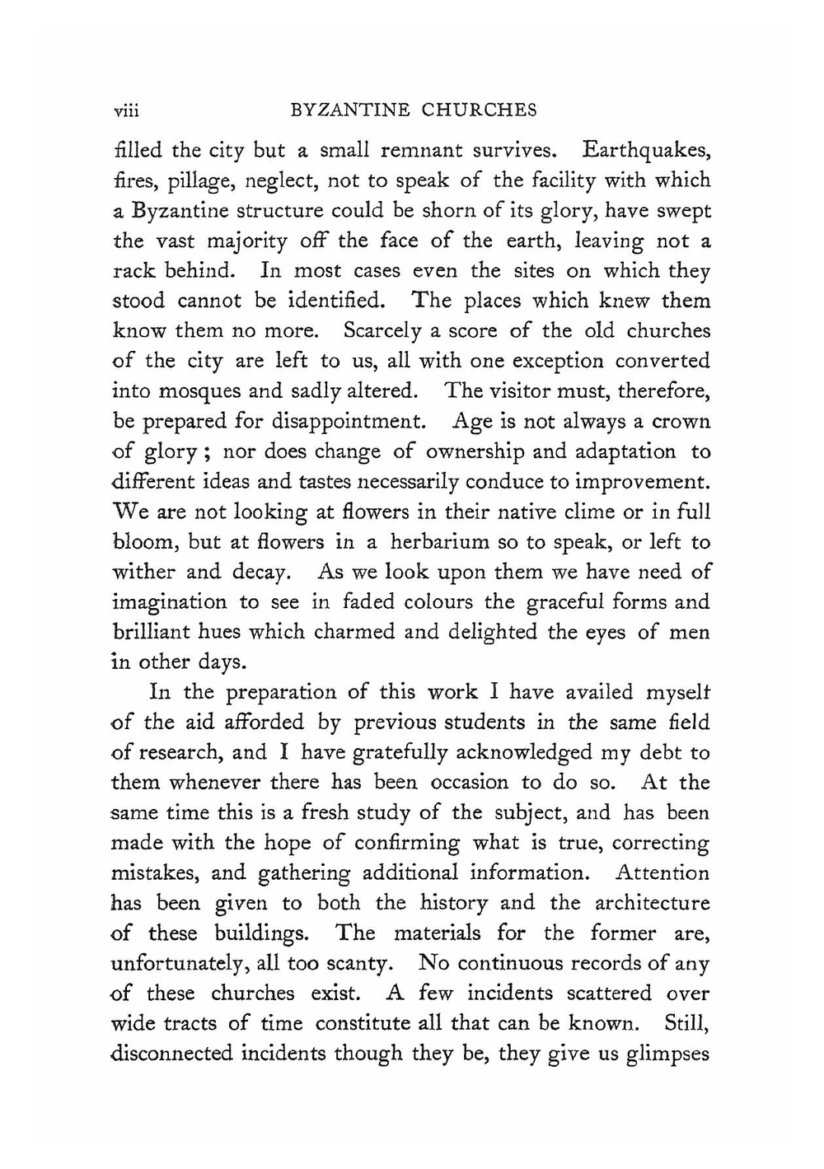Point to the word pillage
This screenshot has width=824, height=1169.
point(189,181)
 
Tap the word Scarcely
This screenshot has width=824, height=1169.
point(385,331)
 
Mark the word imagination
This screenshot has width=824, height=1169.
point(169,602)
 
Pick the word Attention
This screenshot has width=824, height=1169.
point(662,872)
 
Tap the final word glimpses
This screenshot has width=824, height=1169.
point(669,1054)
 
